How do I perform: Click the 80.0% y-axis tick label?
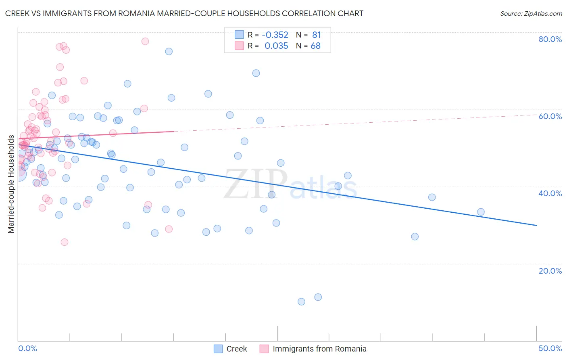(550, 39)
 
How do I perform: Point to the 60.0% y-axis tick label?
(550, 116)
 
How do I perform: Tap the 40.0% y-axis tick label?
(550, 193)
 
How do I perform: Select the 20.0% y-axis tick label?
(550, 271)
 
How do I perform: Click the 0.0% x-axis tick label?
(27, 348)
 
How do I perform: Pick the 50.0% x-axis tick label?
(550, 348)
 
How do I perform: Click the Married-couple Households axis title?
(11, 184)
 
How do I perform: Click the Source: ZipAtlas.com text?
(531, 13)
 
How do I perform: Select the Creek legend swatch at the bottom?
(218, 349)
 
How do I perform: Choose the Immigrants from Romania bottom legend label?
(319, 349)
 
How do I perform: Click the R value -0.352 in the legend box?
(275, 35)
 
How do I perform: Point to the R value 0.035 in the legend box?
(276, 46)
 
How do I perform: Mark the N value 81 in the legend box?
(316, 35)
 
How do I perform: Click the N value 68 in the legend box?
(315, 46)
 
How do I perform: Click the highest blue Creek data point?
(169, 51)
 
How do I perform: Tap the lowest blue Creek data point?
(301, 301)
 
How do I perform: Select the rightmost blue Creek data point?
(481, 212)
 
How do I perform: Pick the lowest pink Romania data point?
(65, 242)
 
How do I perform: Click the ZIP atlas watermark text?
(290, 184)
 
